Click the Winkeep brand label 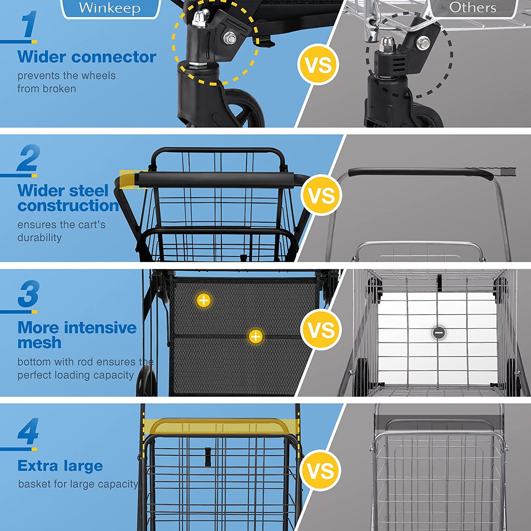coord(110,8)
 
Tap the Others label coord(473,8)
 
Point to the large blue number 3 coord(29,294)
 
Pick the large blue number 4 coord(28,431)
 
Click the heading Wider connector coord(87,57)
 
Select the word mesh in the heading coord(39,342)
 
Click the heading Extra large coord(60,466)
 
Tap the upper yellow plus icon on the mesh coord(204,300)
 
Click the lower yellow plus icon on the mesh coord(256,337)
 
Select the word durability coord(39,237)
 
